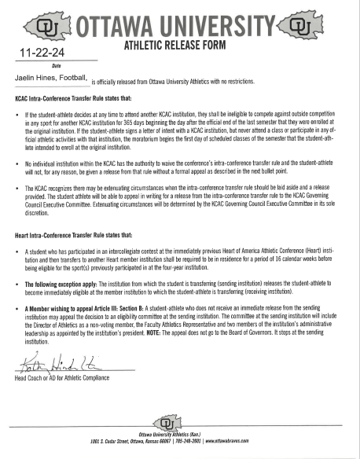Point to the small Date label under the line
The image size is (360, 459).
pos(56,65)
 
